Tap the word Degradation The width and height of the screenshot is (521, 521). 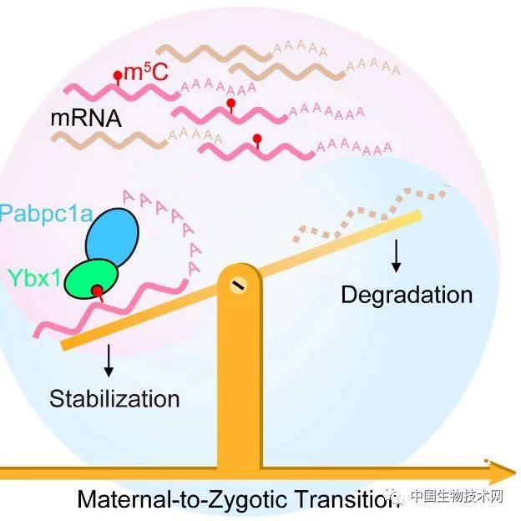407,295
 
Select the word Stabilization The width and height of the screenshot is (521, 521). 114,397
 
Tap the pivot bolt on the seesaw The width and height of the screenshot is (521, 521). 239,286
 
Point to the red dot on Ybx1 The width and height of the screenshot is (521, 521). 98,291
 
